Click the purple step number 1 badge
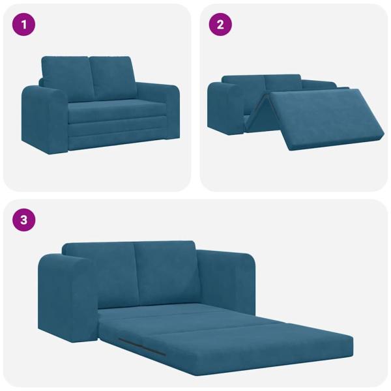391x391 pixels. click(24, 25)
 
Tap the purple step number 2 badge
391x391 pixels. click(220, 25)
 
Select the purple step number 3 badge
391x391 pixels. click(24, 220)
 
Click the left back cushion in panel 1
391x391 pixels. click(65, 77)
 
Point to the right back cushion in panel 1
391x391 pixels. click(111, 77)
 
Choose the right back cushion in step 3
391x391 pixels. click(164, 267)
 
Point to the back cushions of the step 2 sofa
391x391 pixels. click(261, 83)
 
